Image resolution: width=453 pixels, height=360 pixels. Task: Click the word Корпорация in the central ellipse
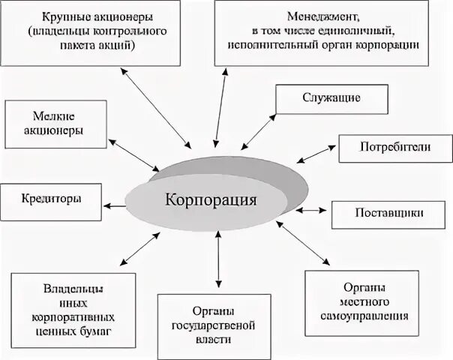coord(211,202)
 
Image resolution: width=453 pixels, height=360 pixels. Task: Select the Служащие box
coord(331,98)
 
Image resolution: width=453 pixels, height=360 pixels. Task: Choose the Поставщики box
coord(389,213)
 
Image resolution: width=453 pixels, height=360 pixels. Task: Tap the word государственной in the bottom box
coord(217,325)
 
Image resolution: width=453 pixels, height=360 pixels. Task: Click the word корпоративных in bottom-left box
coord(73,316)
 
